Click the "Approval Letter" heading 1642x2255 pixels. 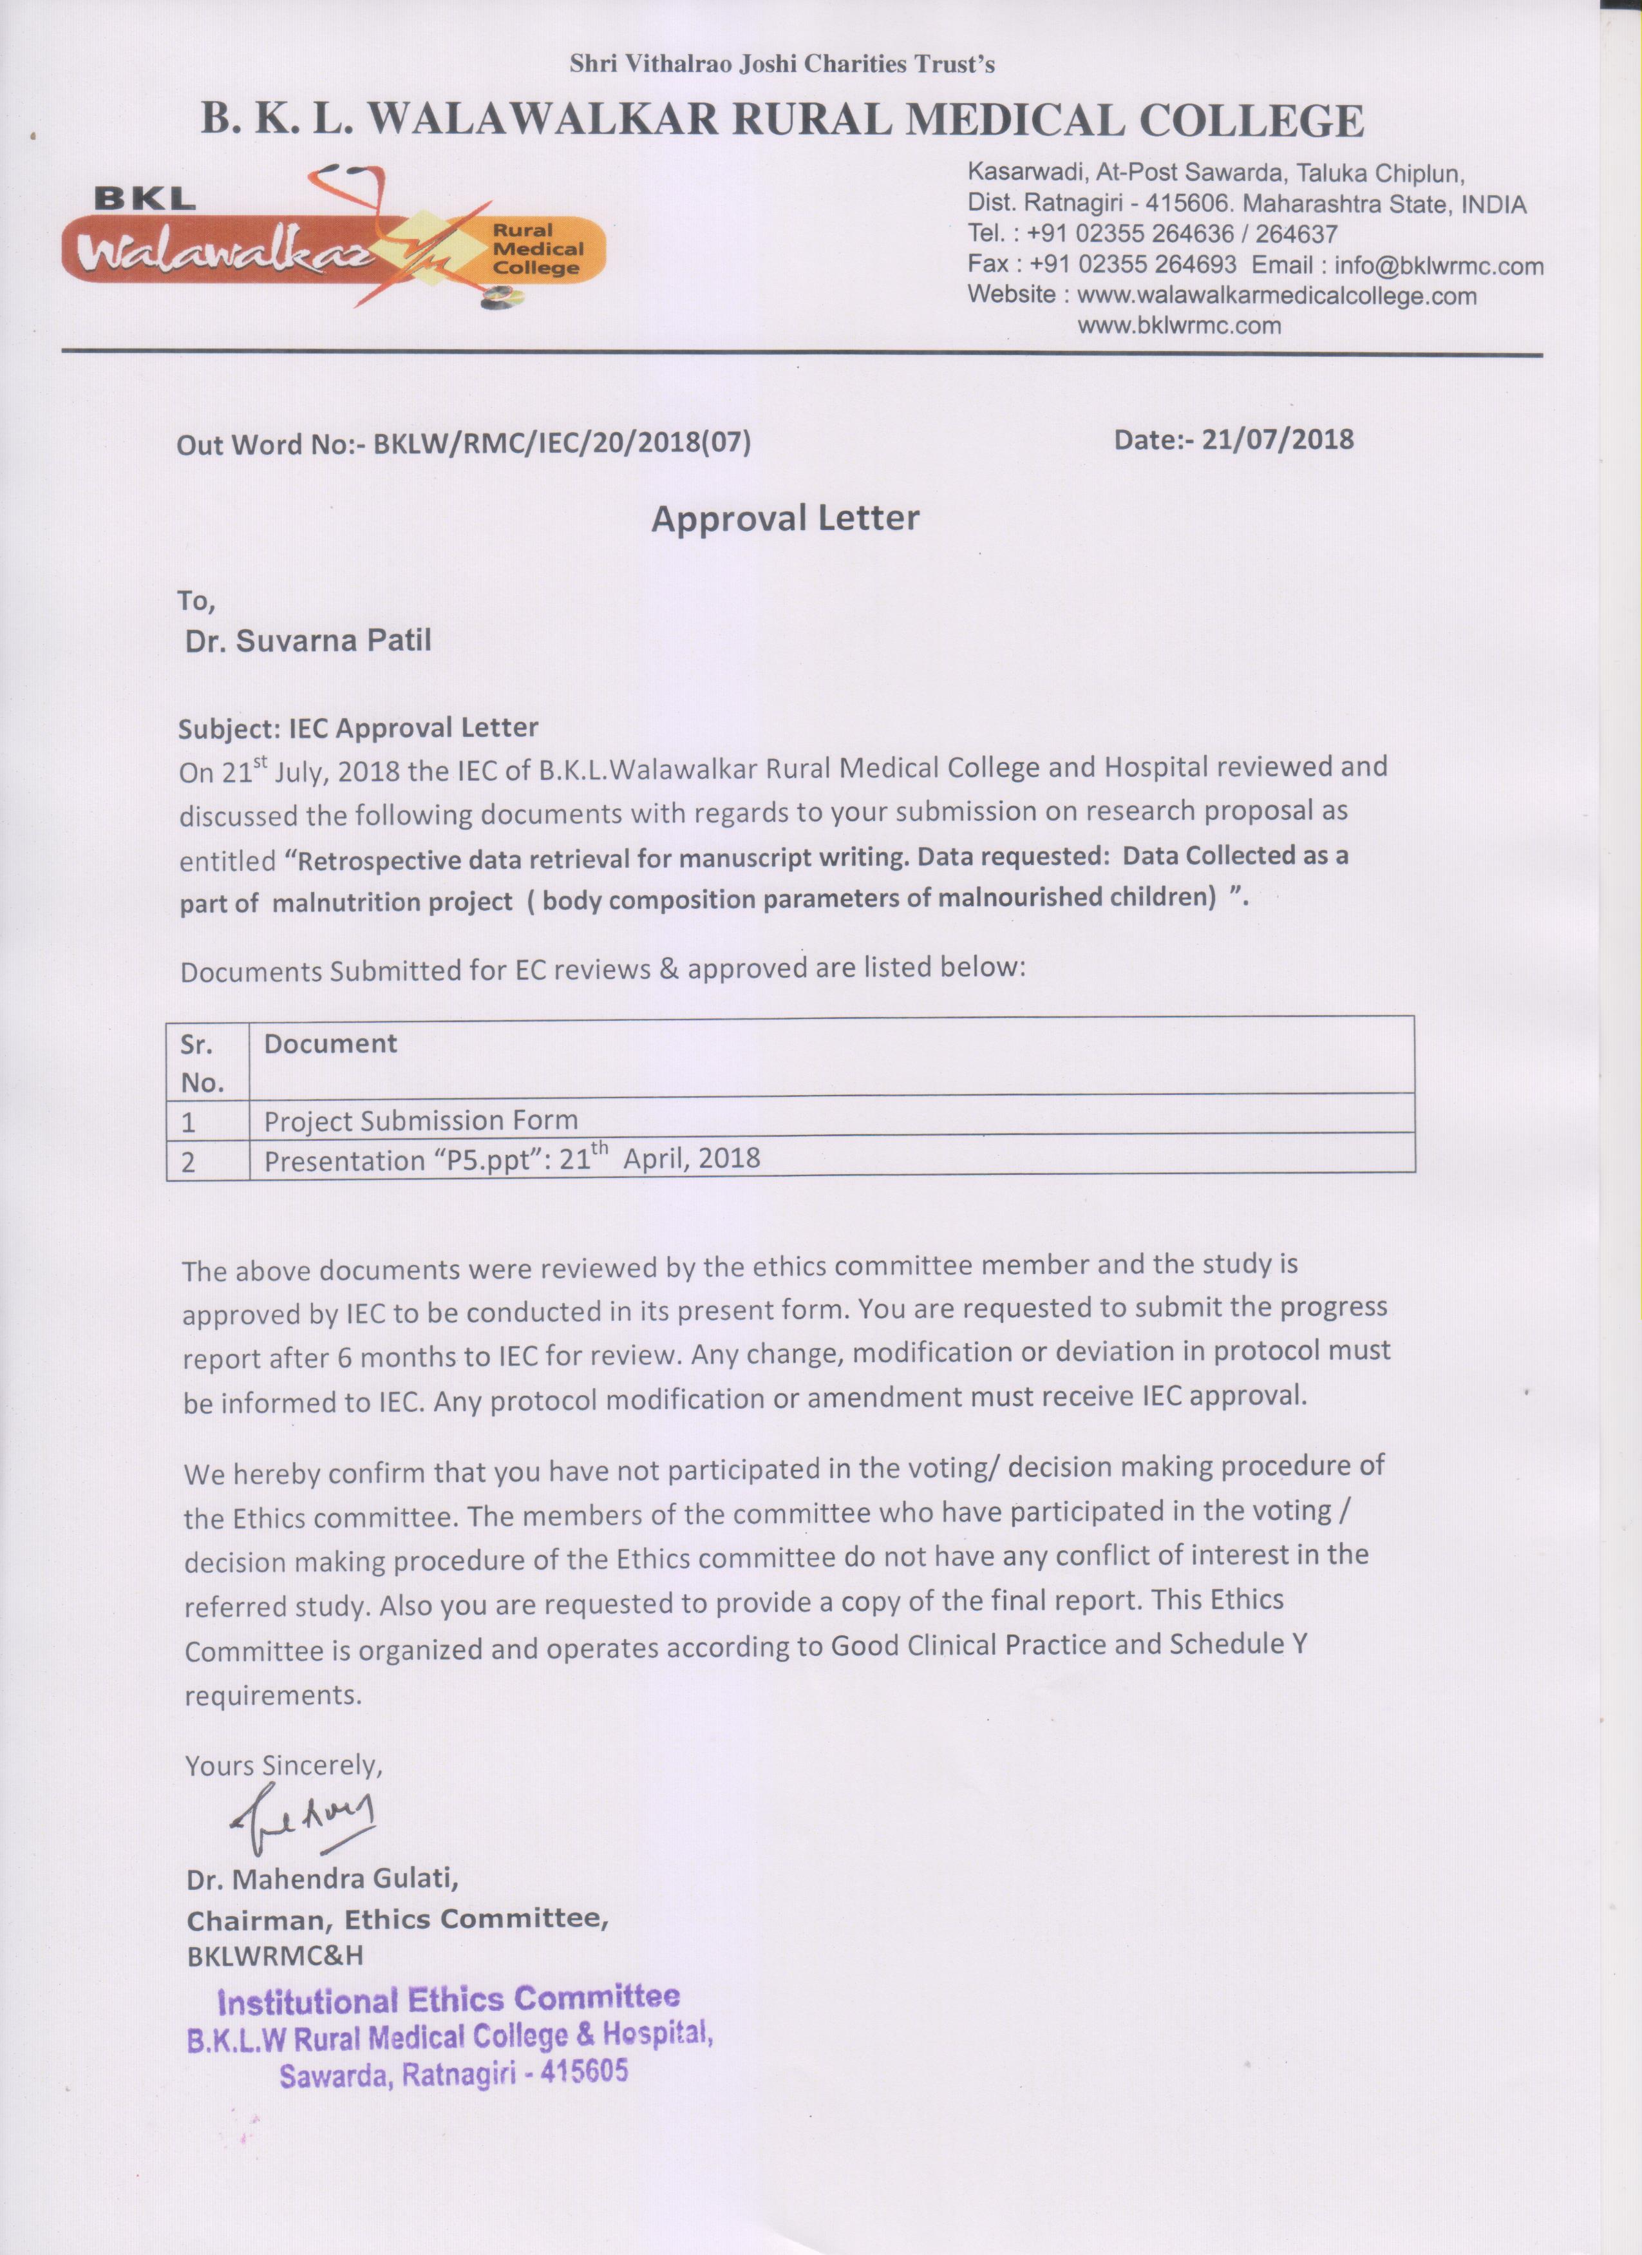(785, 518)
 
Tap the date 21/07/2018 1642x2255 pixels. (1278, 439)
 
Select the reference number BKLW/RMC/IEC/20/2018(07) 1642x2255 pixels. (561, 443)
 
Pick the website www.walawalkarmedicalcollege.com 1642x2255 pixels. (1278, 295)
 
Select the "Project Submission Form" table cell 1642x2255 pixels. (420, 1121)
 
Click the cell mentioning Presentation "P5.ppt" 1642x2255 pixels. (512, 1159)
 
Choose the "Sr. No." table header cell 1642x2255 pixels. (203, 1062)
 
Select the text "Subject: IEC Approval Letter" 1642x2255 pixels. (358, 728)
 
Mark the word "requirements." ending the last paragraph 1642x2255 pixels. (273, 1695)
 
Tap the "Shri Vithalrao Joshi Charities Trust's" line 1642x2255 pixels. (782, 64)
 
